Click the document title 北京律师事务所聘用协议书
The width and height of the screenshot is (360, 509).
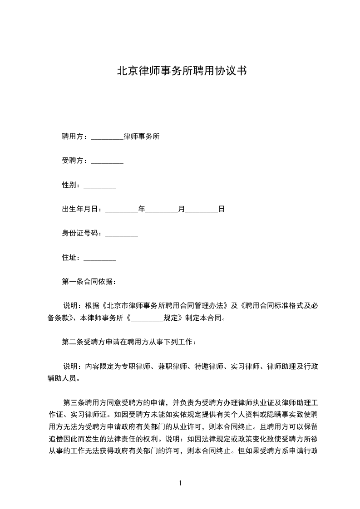[x=182, y=71]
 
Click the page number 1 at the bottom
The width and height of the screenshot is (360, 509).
[x=180, y=483]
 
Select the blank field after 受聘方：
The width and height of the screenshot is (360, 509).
[x=107, y=161]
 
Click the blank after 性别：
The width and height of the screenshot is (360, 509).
[x=100, y=185]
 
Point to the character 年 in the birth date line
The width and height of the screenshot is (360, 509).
[x=141, y=209]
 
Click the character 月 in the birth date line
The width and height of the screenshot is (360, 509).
[x=182, y=209]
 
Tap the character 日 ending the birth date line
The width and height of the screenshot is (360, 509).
[x=222, y=209]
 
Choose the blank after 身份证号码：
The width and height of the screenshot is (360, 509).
[x=121, y=234]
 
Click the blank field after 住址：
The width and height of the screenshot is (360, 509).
[x=100, y=258]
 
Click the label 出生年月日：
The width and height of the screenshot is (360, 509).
[x=83, y=209]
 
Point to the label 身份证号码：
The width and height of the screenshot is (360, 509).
[x=83, y=234]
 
